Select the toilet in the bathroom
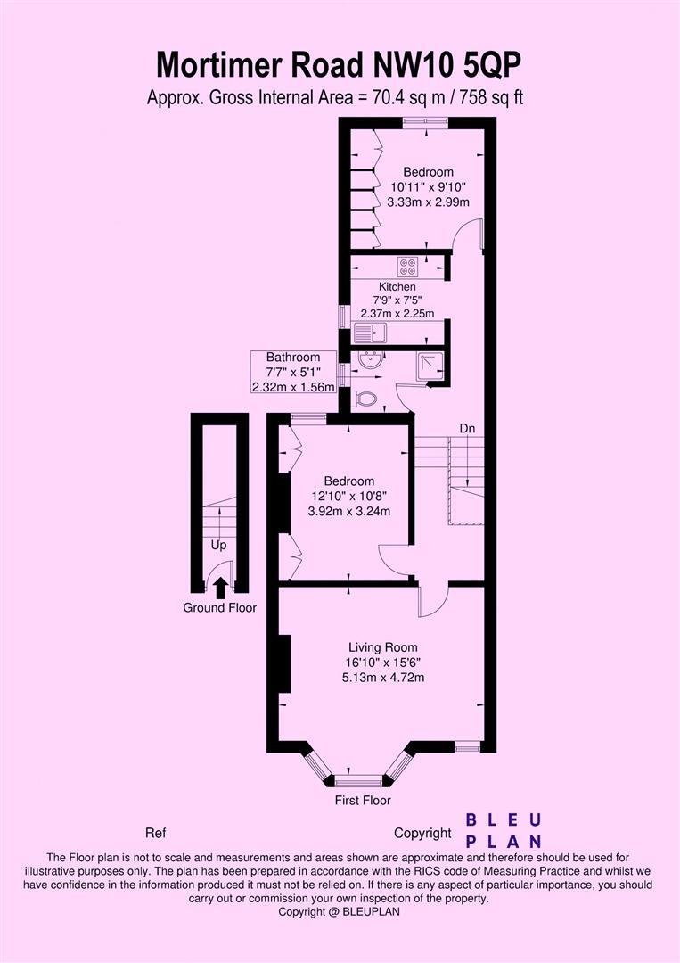[365, 399]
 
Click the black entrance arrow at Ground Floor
[219, 586]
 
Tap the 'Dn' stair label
[467, 428]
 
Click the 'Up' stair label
[218, 544]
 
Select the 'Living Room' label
[382, 647]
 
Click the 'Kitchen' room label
[397, 286]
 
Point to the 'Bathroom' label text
[292, 358]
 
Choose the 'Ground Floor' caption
[219, 608]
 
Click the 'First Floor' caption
[363, 801]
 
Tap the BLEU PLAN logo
[504, 830]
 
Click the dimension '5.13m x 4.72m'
[382, 677]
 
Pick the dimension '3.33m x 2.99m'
[428, 202]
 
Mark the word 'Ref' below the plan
[156, 834]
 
